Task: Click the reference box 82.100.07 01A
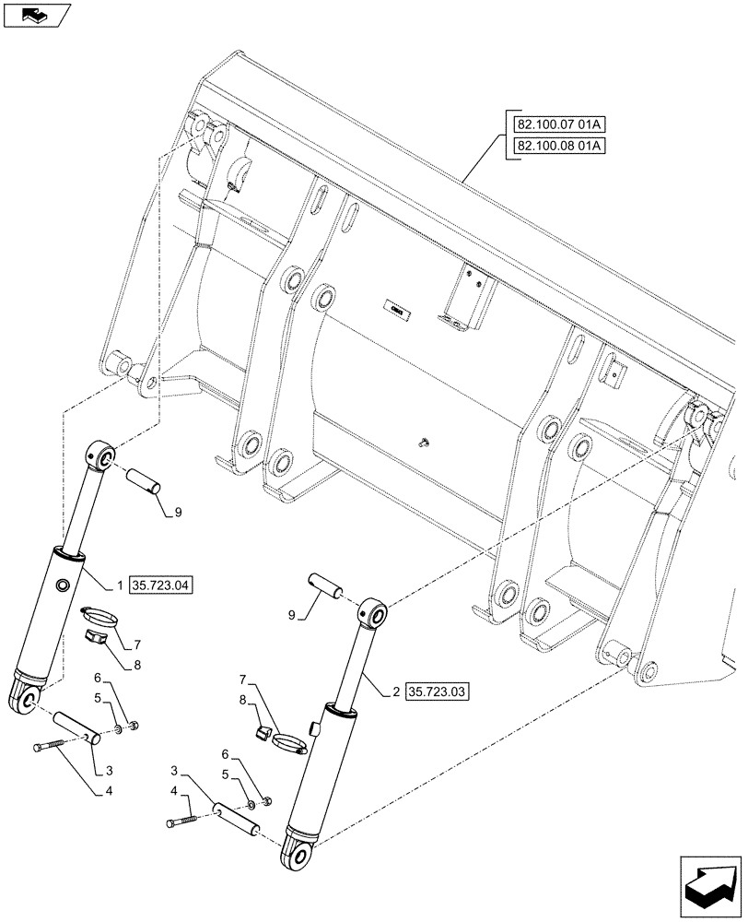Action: coord(554,124)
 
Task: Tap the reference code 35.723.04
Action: coord(162,585)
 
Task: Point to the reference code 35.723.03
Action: coord(435,691)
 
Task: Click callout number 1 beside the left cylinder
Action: coord(120,585)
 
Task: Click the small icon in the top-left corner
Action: coord(35,14)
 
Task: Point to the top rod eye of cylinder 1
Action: coord(102,455)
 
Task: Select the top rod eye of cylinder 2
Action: coord(373,612)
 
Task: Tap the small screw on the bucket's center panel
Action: coord(422,443)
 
